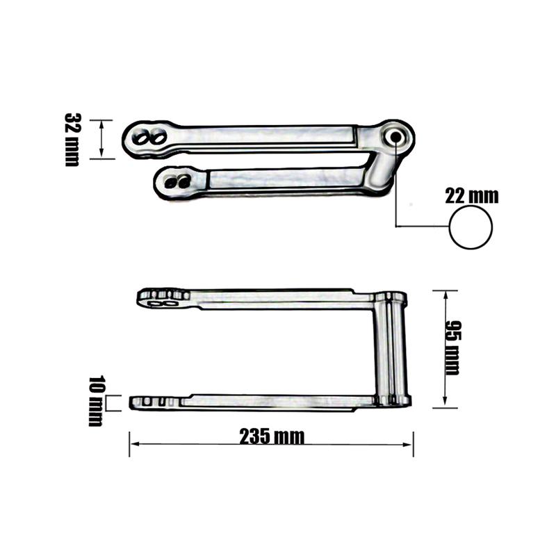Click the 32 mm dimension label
(x=72, y=139)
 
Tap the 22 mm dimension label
(x=472, y=196)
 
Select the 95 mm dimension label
(x=452, y=347)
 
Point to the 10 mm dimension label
(x=96, y=401)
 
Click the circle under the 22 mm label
(x=471, y=228)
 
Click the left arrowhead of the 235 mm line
(x=133, y=443)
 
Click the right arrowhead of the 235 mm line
(x=410, y=443)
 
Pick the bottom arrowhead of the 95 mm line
(x=444, y=404)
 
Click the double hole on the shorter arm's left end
(x=178, y=181)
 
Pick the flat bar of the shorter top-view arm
(x=285, y=179)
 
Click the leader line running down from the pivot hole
(x=396, y=188)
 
